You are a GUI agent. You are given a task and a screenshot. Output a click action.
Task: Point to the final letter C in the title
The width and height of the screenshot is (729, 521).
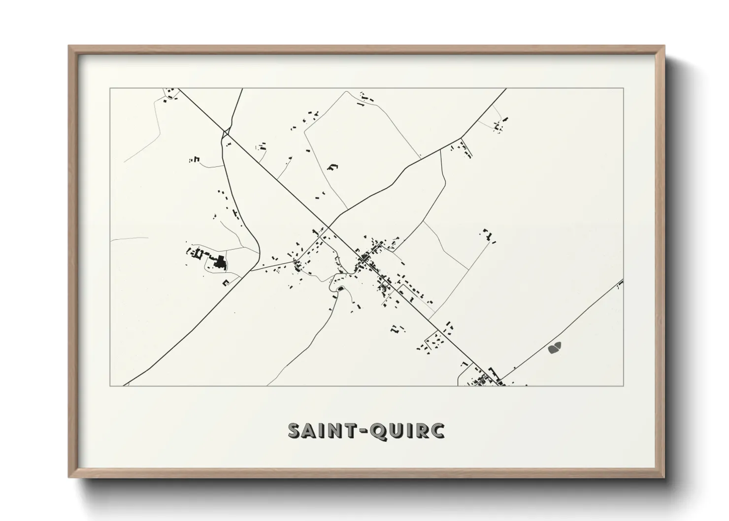pos(437,430)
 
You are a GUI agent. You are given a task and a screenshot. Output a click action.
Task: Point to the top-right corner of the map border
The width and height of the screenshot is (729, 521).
pos(624,89)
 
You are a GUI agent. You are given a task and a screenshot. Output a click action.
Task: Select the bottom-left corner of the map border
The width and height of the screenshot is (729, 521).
pos(110,386)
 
